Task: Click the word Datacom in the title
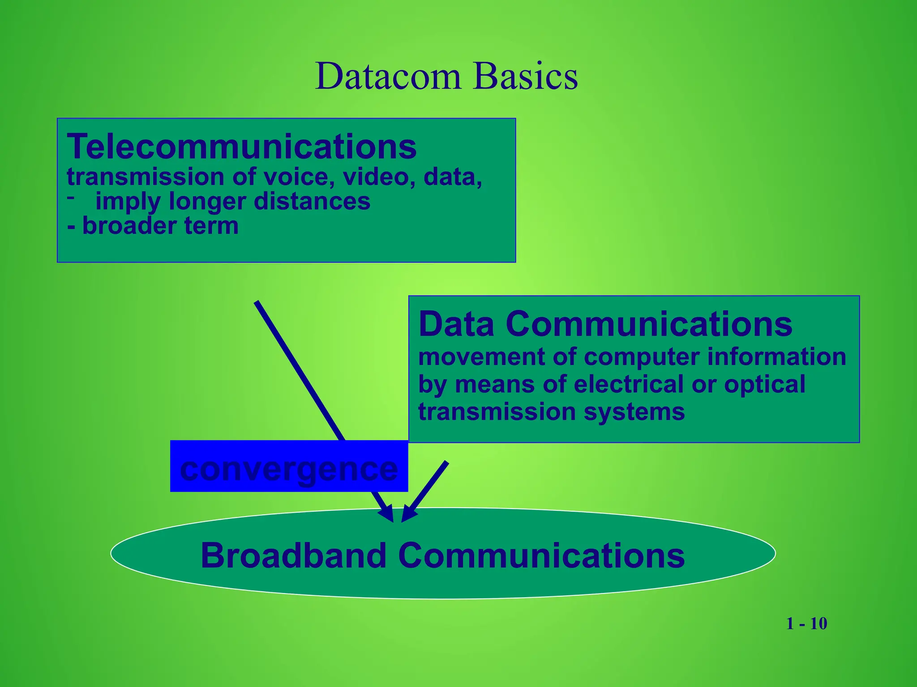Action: tap(388, 76)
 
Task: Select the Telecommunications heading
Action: tap(242, 147)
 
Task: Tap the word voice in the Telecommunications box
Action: tap(299, 177)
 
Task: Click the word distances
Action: tap(312, 201)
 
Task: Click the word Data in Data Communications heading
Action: tap(456, 324)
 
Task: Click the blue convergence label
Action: tap(289, 467)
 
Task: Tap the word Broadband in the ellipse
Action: tap(293, 556)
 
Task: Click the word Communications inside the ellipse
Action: tap(541, 556)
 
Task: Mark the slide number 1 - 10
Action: tap(806, 623)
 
